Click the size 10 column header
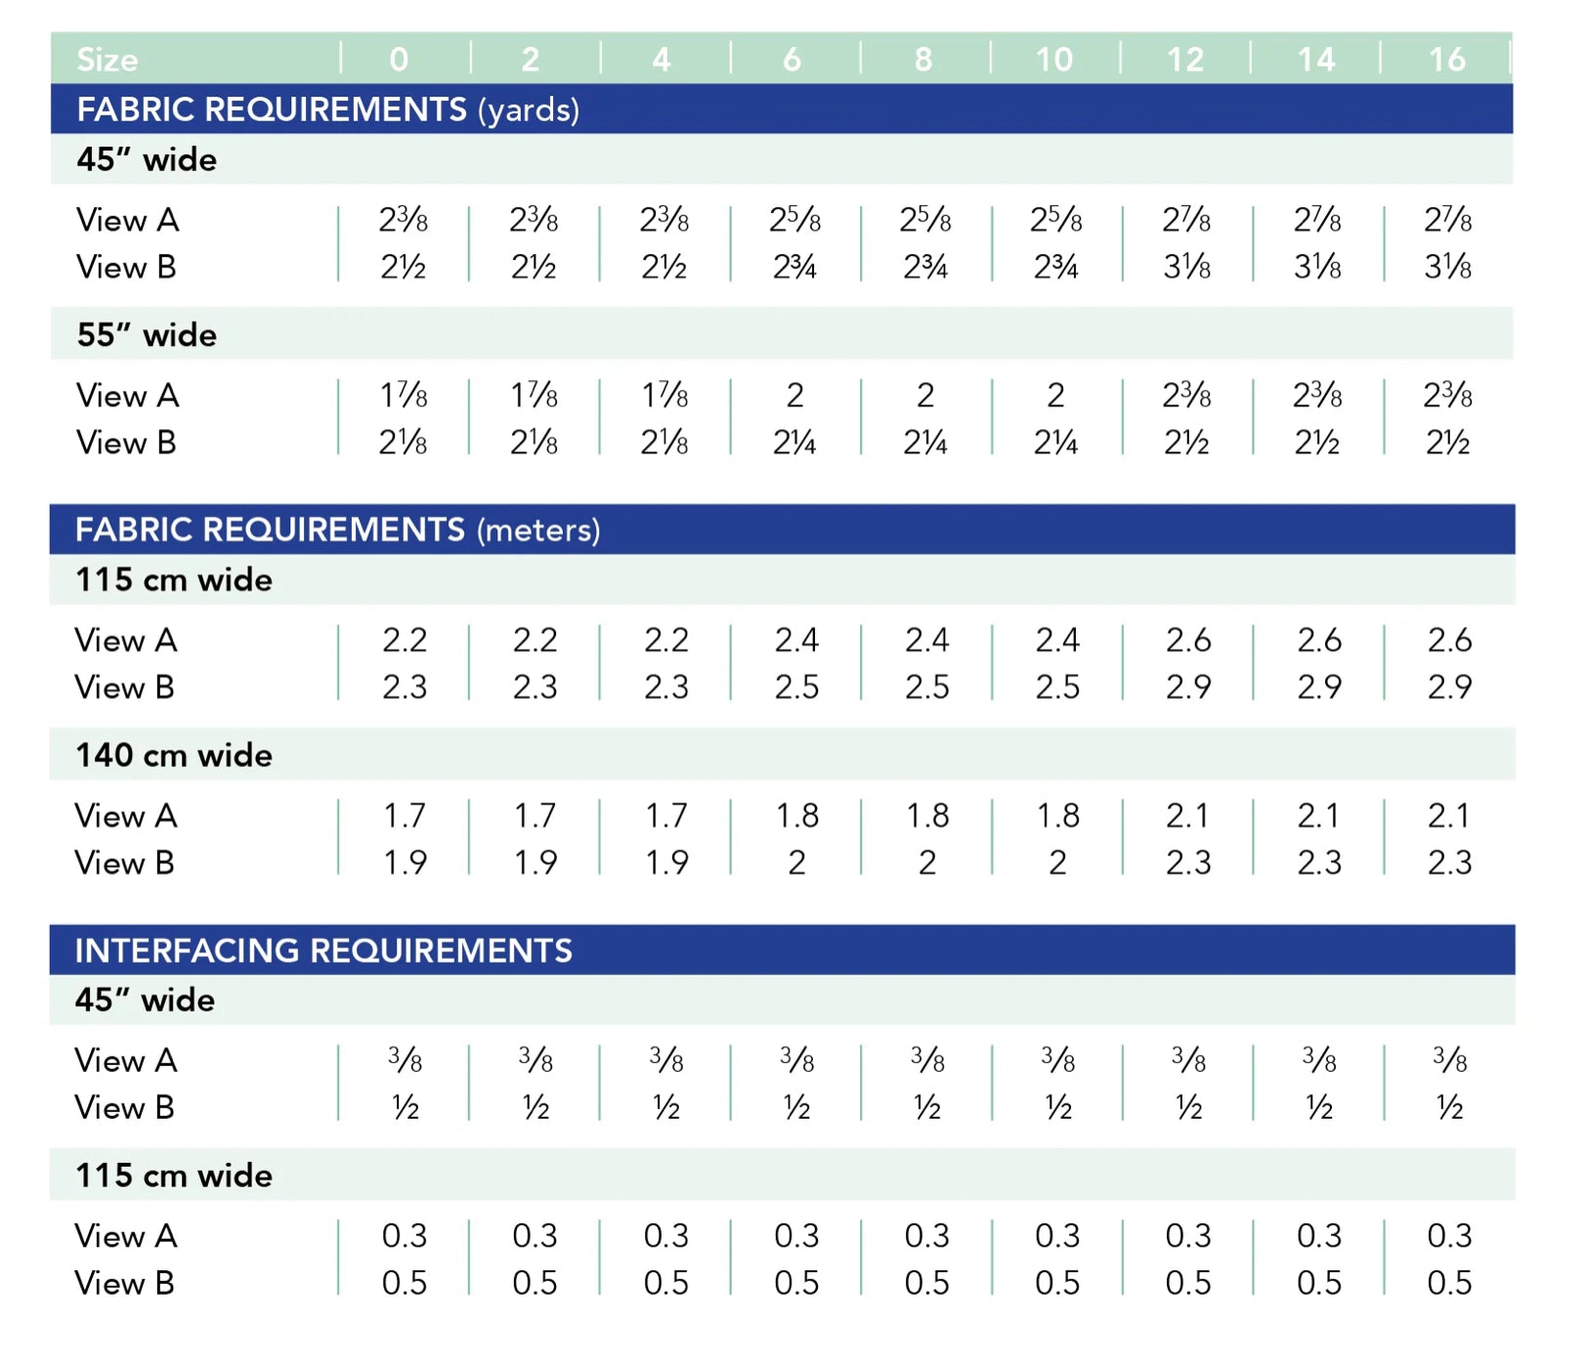click(x=1054, y=60)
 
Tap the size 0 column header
click(x=399, y=60)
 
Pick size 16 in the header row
click(x=1447, y=60)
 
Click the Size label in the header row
click(x=107, y=60)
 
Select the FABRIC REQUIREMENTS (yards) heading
click(x=328, y=109)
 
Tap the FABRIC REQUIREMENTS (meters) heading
click(x=337, y=530)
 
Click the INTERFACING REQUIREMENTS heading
click(x=323, y=950)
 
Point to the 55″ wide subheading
click(x=147, y=335)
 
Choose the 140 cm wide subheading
click(x=174, y=755)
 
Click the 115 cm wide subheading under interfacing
click(x=174, y=1176)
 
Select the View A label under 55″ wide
click(x=128, y=396)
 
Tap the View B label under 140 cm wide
click(x=125, y=863)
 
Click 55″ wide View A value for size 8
click(x=925, y=396)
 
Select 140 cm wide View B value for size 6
click(x=796, y=863)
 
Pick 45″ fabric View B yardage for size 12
click(x=1187, y=267)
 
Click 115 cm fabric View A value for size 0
click(x=405, y=640)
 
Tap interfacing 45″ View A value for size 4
click(x=666, y=1060)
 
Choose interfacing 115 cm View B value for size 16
click(x=1449, y=1283)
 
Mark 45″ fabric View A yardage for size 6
click(x=794, y=220)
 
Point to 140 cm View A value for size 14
click(x=1318, y=816)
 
